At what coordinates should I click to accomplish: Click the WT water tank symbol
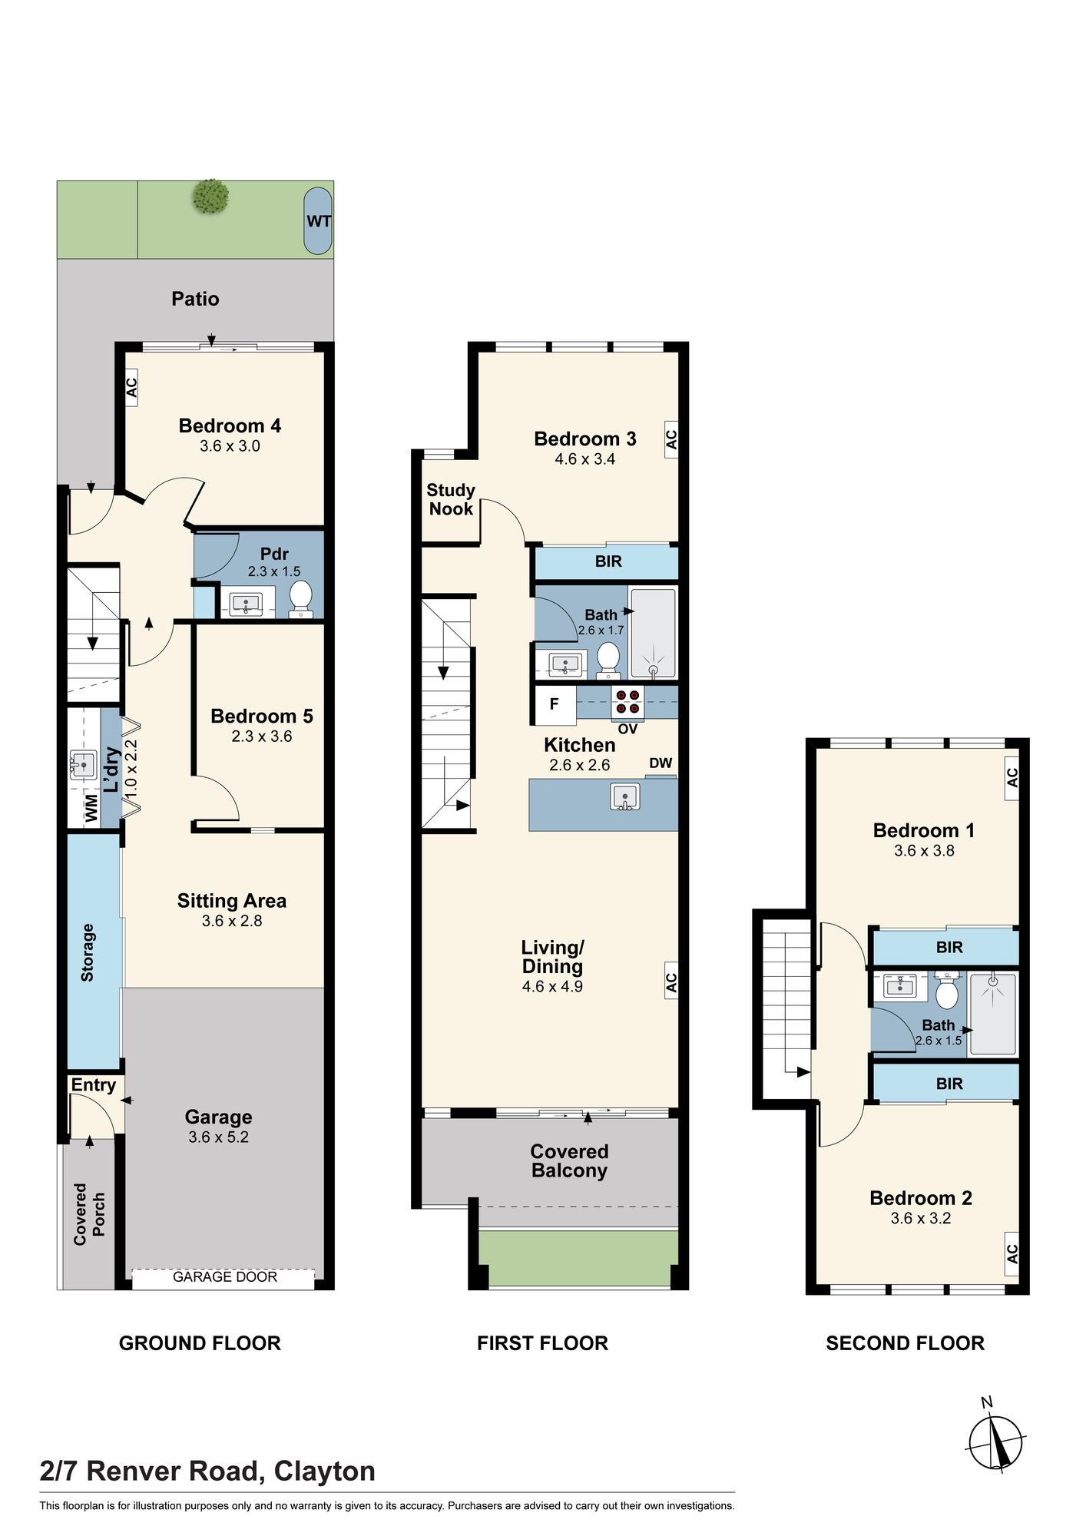coord(318,221)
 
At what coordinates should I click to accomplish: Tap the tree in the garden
coord(211,196)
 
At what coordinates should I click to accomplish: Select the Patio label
coord(195,299)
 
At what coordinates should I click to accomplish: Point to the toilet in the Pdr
coord(300,598)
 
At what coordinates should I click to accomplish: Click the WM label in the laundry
coord(91,809)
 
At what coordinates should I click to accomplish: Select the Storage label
coord(88,952)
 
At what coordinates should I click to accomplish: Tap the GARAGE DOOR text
coord(225,1276)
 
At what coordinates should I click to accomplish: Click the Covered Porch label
coord(89,1214)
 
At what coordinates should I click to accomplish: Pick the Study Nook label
coord(451,499)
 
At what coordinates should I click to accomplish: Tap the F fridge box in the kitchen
coord(555,704)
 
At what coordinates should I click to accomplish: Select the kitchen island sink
coord(625,796)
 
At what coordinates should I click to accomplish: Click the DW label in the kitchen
coord(661,763)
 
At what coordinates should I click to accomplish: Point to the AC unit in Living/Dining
coord(671,981)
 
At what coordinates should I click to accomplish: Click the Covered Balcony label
coord(569,1161)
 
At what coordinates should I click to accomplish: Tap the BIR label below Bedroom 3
coord(608,561)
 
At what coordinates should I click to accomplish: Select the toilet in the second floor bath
coord(947,990)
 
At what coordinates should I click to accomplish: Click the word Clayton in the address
coord(325,1471)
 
